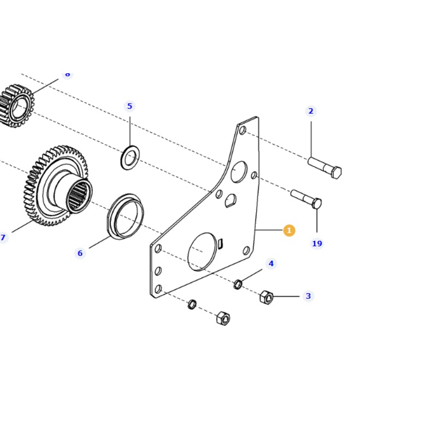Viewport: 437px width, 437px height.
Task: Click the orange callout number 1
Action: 289,231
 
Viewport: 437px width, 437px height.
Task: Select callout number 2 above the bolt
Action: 311,111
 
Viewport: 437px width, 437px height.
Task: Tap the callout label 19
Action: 317,244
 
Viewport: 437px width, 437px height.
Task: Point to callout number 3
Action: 308,296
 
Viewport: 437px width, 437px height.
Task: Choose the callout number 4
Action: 271,264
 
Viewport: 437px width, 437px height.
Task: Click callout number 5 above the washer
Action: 129,106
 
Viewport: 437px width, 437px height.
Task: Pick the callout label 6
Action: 80,253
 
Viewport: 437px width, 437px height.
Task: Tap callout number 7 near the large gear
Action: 3,238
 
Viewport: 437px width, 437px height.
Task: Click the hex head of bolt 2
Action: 336,173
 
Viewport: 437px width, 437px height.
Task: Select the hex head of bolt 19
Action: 316,204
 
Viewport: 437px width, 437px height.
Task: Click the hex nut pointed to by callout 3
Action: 266,298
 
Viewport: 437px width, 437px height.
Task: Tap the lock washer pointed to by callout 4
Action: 238,284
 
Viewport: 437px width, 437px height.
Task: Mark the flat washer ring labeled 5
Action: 129,158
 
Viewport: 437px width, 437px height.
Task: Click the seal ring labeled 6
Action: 125,215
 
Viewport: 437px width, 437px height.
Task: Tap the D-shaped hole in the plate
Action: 230,201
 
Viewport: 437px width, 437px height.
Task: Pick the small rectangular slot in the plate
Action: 220,243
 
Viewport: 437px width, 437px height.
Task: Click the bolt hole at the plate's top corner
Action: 243,131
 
